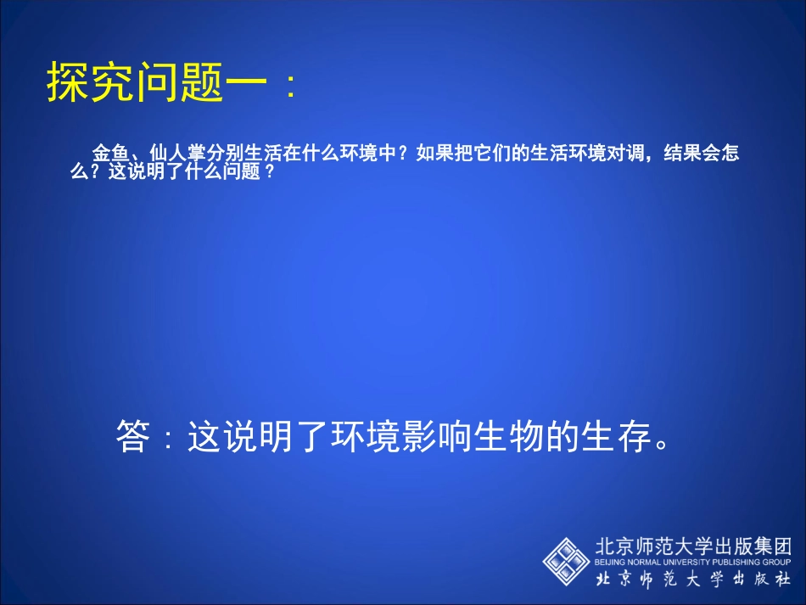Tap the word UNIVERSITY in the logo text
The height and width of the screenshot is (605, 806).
(x=679, y=562)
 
